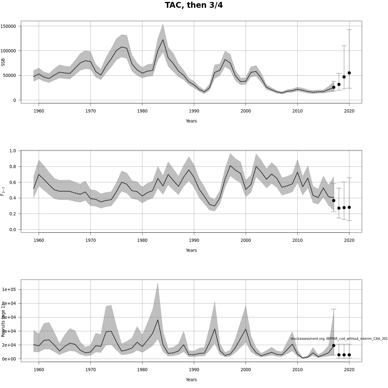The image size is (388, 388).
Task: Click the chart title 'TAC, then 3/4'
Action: point(194,5)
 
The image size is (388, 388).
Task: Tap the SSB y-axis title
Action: point(3,62)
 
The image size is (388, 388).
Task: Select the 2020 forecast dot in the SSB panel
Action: point(349,73)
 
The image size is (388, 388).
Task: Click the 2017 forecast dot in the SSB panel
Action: point(334,87)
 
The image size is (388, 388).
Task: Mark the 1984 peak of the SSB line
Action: point(163,40)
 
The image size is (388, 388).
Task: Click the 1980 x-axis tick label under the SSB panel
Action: point(142,111)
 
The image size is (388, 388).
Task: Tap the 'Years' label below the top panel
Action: point(191,121)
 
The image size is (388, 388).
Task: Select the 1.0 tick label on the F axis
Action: point(13,151)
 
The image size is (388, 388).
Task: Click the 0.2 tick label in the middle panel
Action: point(13,214)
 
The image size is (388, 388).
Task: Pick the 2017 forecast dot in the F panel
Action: point(334,200)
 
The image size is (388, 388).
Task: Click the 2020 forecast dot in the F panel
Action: point(349,207)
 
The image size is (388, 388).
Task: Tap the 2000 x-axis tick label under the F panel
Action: point(246,240)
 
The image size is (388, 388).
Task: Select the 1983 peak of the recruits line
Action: point(158,320)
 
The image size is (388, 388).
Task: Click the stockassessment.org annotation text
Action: point(339,339)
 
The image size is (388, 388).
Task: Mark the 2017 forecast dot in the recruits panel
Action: point(334,345)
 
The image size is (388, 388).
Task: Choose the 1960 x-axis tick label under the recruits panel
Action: point(39,370)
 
